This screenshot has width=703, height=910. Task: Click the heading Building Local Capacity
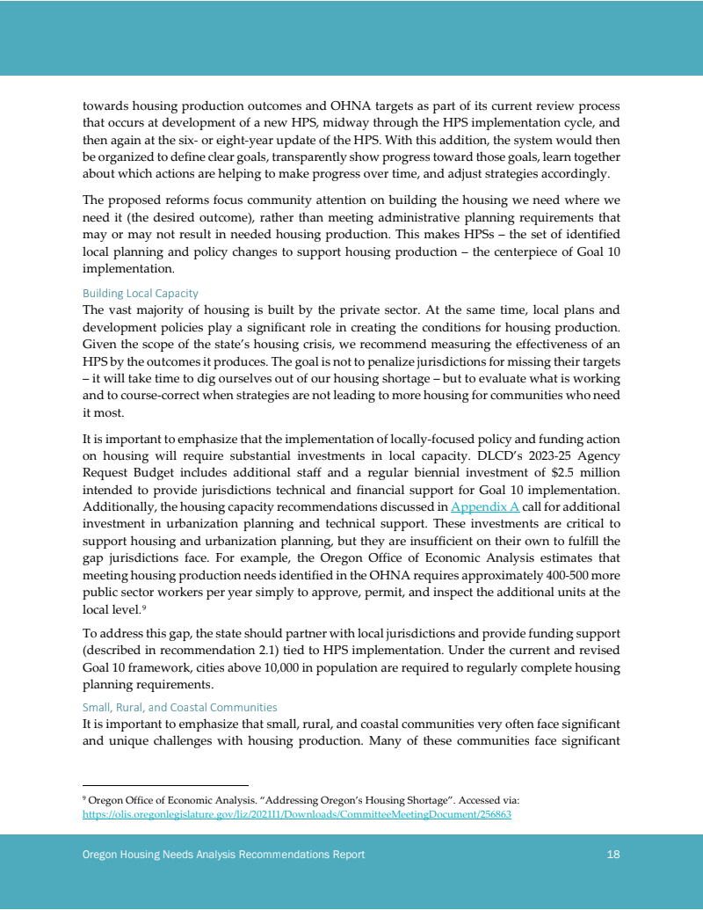click(x=140, y=293)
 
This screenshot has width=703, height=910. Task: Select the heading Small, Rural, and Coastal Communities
click(x=179, y=707)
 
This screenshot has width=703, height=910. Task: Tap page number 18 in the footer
click(x=613, y=855)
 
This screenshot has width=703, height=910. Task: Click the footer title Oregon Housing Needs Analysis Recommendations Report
click(x=223, y=855)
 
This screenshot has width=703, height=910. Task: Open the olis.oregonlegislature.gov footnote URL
click(x=296, y=815)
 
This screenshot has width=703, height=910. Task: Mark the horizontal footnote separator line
click(x=165, y=785)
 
